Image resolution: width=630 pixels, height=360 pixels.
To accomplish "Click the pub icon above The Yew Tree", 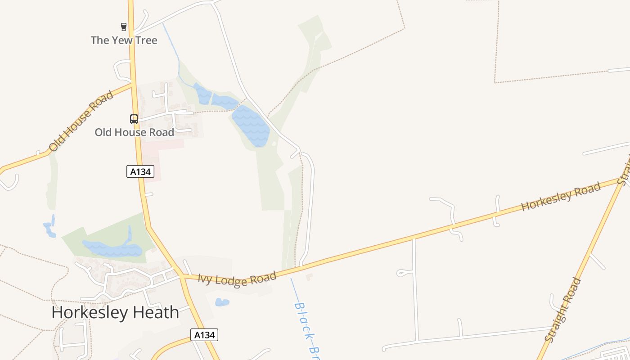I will [x=124, y=27].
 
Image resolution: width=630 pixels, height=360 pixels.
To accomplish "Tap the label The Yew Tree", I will [x=124, y=40].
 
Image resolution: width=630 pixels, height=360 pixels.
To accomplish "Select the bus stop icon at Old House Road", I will [x=134, y=119].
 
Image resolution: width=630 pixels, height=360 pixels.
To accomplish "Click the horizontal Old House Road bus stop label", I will [x=134, y=132].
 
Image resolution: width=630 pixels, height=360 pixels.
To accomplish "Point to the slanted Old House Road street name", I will [x=81, y=121].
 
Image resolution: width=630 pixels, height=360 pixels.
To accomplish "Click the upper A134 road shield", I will [x=140, y=171].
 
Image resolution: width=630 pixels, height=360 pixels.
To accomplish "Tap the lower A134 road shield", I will [x=204, y=335].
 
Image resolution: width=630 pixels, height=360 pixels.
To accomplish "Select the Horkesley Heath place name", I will [x=115, y=312].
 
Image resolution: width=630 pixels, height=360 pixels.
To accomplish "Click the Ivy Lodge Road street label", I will [x=237, y=279].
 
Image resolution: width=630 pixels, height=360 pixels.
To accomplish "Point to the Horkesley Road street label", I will [x=561, y=197].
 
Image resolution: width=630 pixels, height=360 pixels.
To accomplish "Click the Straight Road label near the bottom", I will [x=563, y=310].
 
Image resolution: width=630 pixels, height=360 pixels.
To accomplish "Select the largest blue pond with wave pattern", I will [x=251, y=126].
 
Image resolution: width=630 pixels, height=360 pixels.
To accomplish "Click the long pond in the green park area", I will [x=112, y=248].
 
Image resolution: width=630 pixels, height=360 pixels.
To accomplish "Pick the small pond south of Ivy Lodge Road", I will [x=222, y=302].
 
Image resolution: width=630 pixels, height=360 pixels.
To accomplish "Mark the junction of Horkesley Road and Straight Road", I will [x=621, y=181].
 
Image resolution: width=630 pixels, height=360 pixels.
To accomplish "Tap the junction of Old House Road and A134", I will [x=132, y=84].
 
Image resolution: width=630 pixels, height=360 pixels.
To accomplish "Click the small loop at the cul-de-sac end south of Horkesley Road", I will [x=402, y=273].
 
